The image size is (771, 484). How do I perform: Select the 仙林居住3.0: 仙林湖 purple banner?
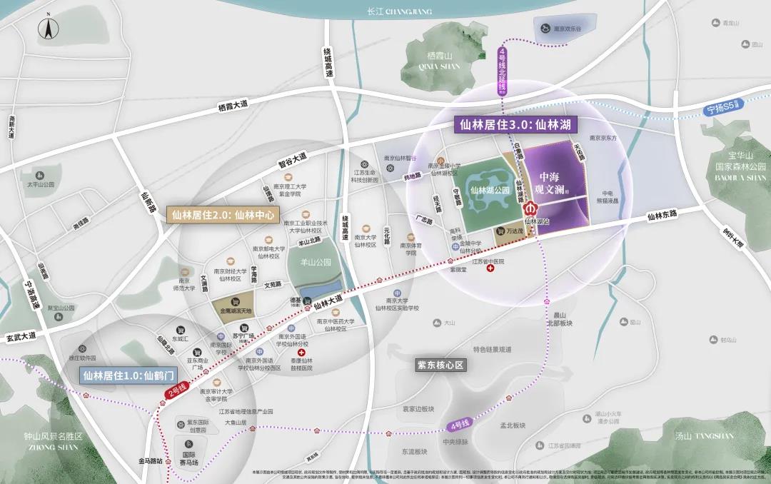(518, 124)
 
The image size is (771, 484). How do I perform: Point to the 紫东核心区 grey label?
(441, 365)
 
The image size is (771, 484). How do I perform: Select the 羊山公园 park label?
(315, 262)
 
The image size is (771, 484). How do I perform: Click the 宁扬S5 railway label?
(724, 109)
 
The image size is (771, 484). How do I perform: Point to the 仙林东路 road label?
(661, 214)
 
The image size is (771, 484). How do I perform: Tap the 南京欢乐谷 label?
(568, 29)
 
